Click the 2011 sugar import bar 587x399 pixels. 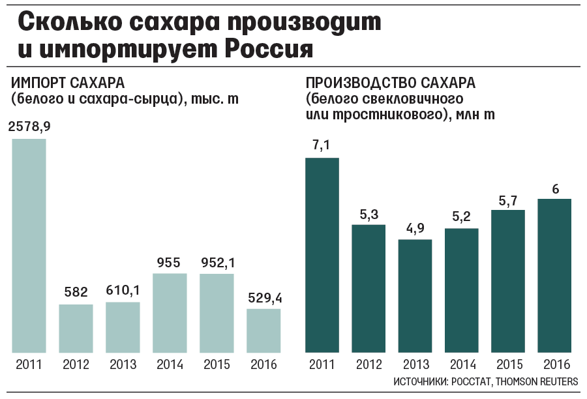point(29,246)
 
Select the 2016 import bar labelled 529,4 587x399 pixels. point(263,331)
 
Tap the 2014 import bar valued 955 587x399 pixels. point(170,313)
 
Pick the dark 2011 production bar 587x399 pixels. point(322,256)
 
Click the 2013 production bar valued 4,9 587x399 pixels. point(415,297)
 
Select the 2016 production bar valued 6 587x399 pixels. point(555,276)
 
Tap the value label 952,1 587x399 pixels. point(217,262)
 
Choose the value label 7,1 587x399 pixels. point(322,146)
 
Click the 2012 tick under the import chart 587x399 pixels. point(76,364)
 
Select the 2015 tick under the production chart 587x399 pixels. point(509,364)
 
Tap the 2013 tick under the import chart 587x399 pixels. point(123,364)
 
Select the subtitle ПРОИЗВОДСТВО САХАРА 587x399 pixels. point(391,83)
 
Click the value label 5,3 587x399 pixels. point(369,213)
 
